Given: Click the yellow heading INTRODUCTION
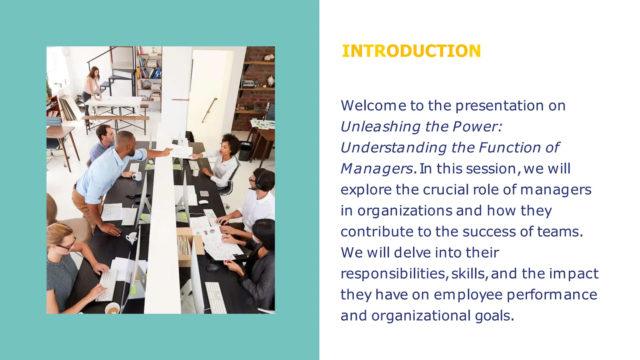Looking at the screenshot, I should click(x=411, y=51).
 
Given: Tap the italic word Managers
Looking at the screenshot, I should click(x=376, y=169).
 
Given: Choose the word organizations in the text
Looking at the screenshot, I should click(x=404, y=211).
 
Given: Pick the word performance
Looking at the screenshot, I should click(x=552, y=295).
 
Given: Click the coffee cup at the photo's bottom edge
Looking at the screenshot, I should click(x=112, y=308).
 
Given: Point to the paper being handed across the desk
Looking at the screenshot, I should click(x=181, y=151).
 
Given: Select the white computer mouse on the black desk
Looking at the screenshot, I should click(x=203, y=202).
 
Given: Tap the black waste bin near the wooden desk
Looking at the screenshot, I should click(x=245, y=151).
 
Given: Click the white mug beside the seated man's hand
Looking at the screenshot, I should click(x=137, y=177).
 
